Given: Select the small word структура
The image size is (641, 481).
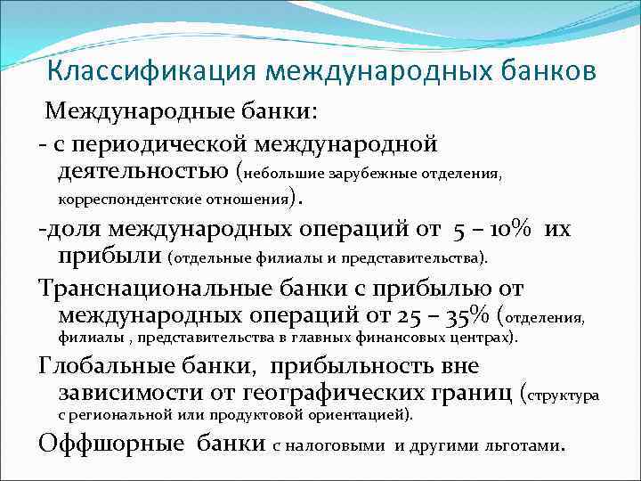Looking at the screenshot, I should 566,395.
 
